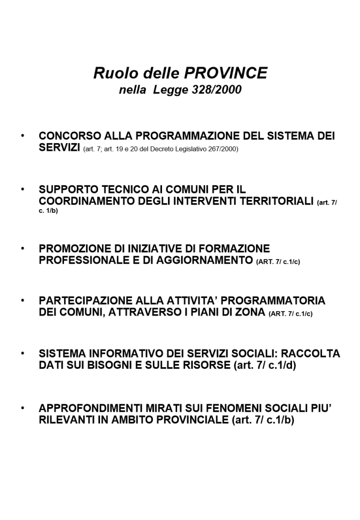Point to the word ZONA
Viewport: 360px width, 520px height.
click(251, 312)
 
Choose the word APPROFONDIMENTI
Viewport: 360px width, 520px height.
click(85, 409)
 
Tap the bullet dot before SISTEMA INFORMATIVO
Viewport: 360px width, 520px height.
click(22, 353)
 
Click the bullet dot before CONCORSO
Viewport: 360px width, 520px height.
click(22, 136)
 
